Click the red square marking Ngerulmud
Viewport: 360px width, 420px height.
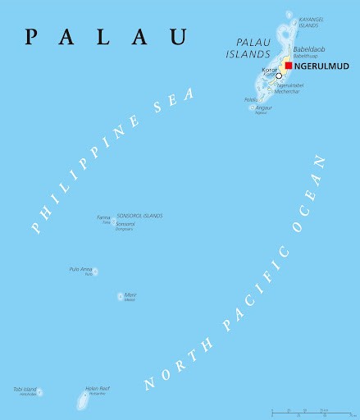pos(289,66)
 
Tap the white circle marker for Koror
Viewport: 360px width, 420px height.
pos(279,75)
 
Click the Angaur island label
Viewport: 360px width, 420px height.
pos(264,107)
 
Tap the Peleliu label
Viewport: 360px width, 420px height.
pos(251,100)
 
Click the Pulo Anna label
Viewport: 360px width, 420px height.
pos(80,269)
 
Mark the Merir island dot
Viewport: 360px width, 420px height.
pos(120,296)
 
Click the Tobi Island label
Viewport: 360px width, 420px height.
pos(25,389)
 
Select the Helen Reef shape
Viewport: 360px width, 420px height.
pos(83,401)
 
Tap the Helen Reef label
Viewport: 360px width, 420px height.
pos(98,389)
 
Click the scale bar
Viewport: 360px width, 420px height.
pos(312,410)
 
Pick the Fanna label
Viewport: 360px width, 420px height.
pos(103,217)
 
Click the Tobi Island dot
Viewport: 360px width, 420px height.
pos(39,392)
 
